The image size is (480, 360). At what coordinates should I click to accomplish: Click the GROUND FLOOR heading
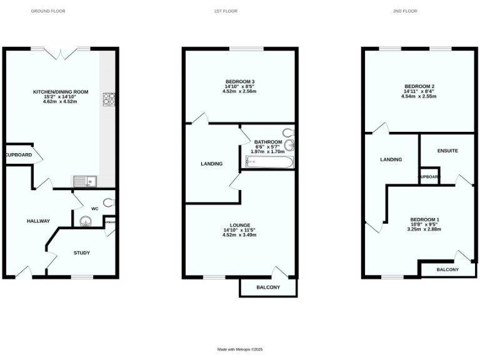48,11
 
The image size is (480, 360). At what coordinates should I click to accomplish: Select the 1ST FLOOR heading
229,11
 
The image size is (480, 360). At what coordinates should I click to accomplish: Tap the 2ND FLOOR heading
409,11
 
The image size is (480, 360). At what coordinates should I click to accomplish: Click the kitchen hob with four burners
109,98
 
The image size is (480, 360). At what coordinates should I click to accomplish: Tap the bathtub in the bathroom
269,162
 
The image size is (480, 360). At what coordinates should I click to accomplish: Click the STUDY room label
82,253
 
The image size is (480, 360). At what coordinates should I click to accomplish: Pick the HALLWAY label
38,221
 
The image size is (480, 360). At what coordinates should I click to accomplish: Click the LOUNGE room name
240,225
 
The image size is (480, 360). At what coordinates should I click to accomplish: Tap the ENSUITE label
447,151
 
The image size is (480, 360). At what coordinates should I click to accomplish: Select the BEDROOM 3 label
240,81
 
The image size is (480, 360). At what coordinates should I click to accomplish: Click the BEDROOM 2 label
419,86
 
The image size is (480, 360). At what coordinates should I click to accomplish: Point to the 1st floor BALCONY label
268,287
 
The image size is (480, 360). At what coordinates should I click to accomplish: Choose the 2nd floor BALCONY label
447,269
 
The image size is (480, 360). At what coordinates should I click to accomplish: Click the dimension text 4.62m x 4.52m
61,102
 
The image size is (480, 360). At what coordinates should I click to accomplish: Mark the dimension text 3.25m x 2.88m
424,229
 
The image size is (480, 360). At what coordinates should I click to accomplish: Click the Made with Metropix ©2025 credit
240,349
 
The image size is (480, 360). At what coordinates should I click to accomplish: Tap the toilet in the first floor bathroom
289,132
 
